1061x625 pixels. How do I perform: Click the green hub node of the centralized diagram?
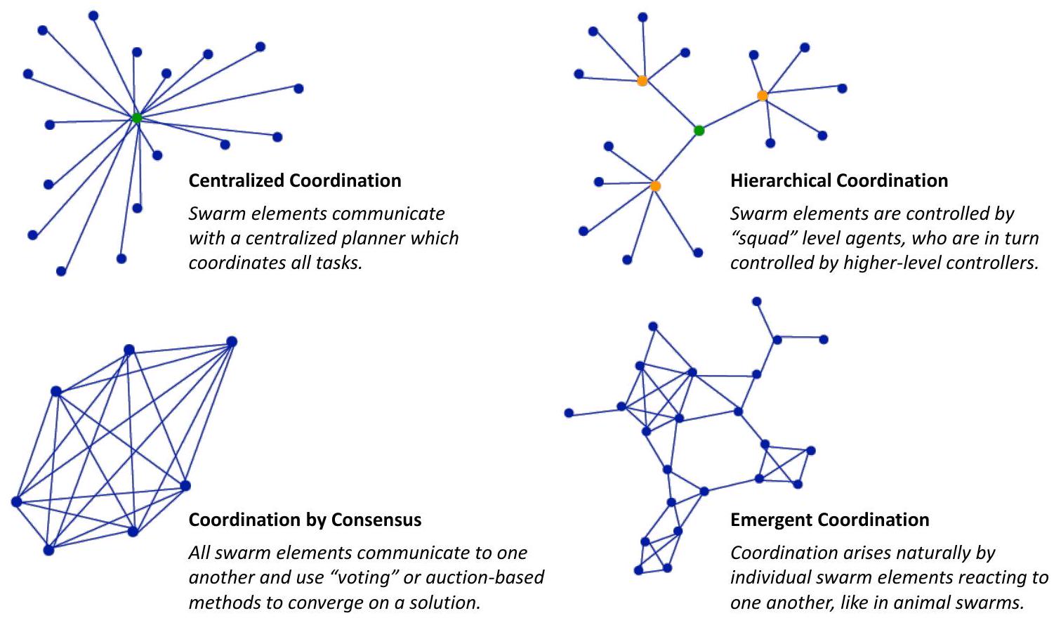pyautogui.click(x=137, y=118)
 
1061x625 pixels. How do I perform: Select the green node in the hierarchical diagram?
pyautogui.click(x=699, y=130)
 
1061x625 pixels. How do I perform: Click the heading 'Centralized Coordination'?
pyautogui.click(x=295, y=180)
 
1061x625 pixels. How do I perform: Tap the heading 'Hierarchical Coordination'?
pyautogui.click(x=839, y=180)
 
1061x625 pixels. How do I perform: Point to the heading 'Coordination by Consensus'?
pyautogui.click(x=305, y=520)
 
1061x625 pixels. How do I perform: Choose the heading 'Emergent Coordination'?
pyautogui.click(x=830, y=520)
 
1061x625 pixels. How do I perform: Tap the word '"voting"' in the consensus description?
pyautogui.click(x=364, y=577)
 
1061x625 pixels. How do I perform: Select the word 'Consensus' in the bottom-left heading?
pyautogui.click(x=376, y=520)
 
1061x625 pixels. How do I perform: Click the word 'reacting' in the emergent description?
pyautogui.click(x=991, y=577)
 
